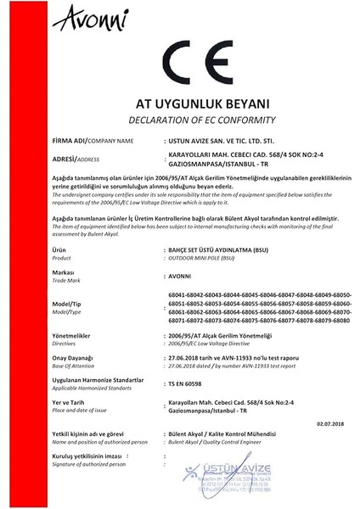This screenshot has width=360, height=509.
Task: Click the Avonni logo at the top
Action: tap(64, 15)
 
